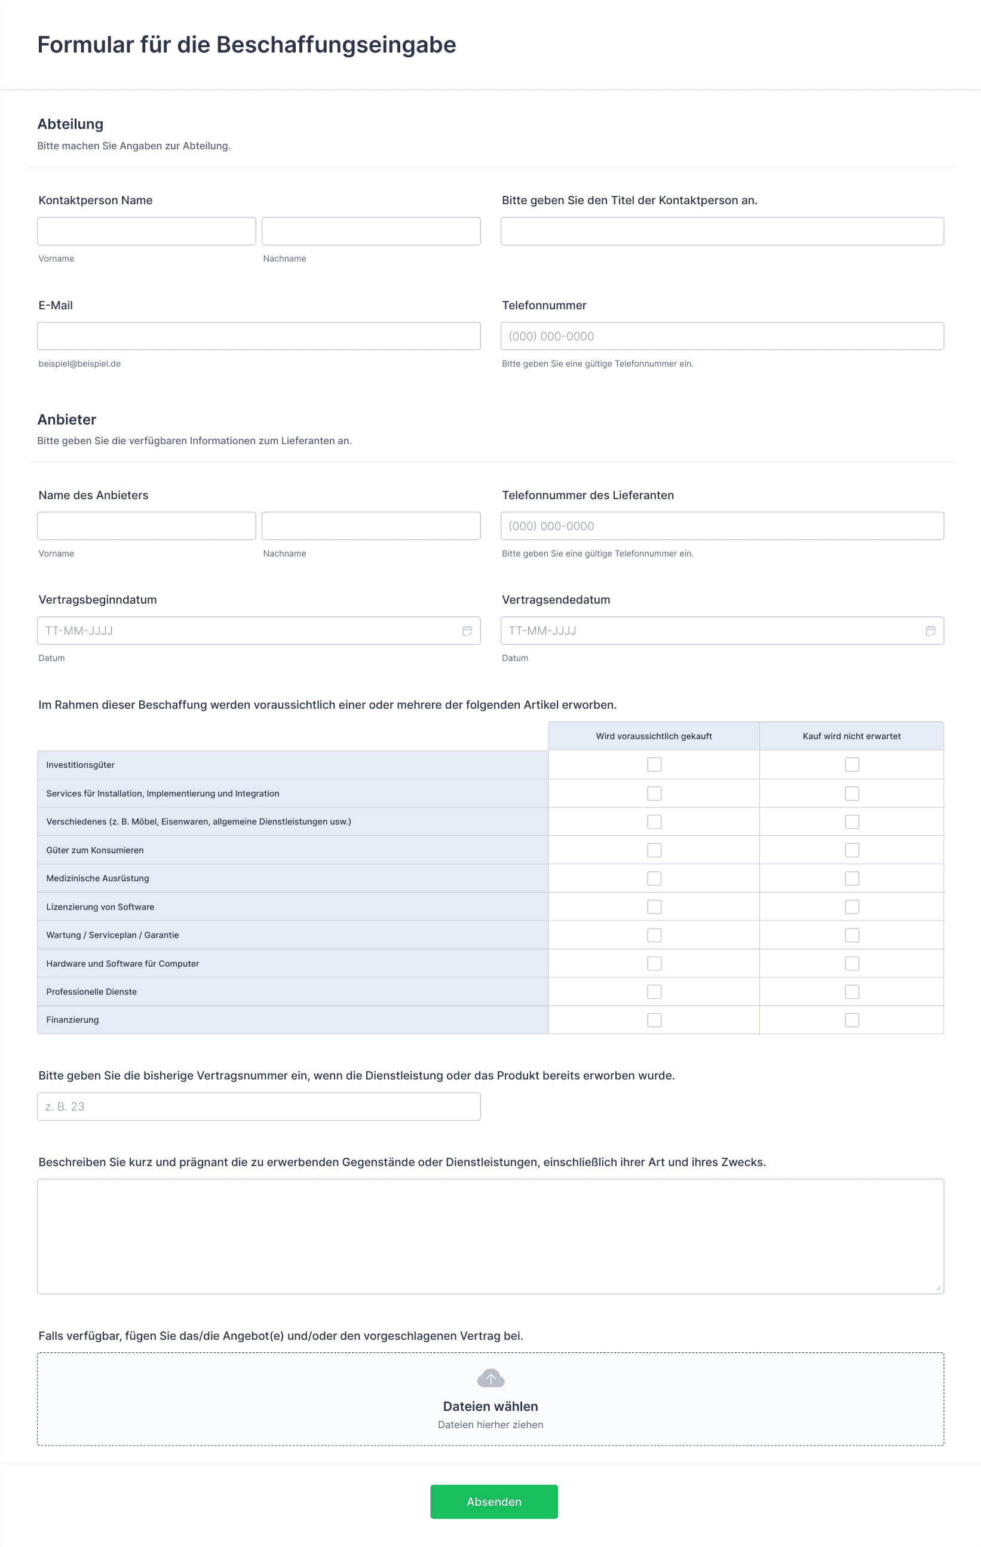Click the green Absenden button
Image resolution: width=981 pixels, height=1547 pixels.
pos(493,1502)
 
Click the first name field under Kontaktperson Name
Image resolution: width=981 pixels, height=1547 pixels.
pos(146,231)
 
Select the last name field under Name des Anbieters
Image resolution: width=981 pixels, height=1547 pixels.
pos(371,525)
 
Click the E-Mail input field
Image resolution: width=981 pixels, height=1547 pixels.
pos(259,336)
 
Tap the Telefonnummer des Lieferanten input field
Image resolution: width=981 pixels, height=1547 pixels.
pos(722,525)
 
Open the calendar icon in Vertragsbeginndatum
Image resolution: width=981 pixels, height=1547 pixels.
pos(467,631)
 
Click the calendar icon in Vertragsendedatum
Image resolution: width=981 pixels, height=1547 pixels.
pos(930,631)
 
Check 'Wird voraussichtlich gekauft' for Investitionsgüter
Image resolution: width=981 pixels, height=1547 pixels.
pos(654,764)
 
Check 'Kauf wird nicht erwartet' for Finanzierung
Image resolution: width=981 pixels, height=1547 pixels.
pos(852,1020)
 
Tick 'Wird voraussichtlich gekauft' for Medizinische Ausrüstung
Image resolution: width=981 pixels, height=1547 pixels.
pos(654,878)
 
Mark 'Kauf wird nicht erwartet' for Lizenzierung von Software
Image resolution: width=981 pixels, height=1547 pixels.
pos(852,906)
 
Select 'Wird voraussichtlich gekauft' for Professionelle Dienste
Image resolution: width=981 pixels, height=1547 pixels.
pos(654,991)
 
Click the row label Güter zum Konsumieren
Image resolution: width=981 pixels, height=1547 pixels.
pos(95,850)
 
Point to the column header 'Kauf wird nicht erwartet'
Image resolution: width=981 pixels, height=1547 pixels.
pos(851,736)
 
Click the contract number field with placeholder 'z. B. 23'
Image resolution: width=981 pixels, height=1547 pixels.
pos(259,1106)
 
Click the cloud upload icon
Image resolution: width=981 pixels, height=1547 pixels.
pos(490,1378)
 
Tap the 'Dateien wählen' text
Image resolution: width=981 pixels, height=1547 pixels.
pos(490,1406)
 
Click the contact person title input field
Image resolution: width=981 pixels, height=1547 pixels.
pos(722,231)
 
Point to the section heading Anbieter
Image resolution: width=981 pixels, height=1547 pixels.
pos(67,420)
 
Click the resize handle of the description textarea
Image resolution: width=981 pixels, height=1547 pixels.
pos(938,1287)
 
